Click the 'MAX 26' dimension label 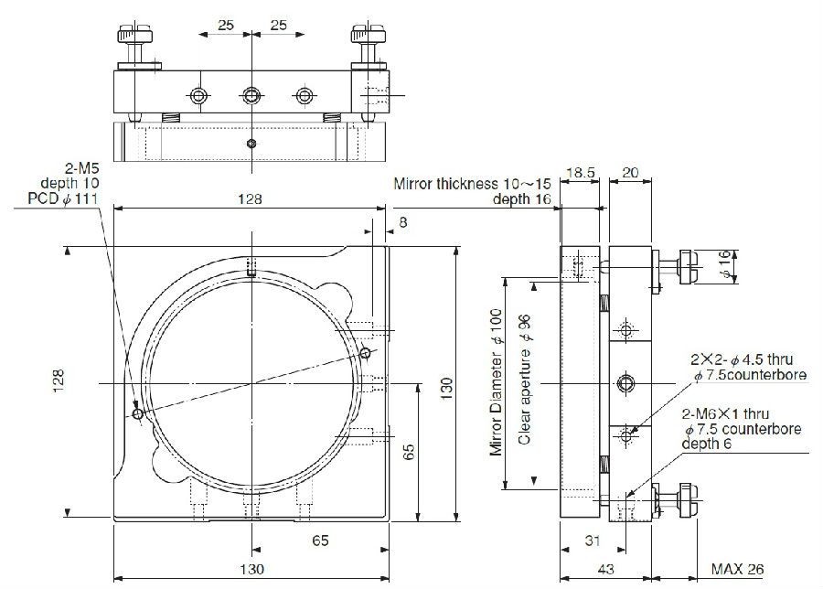tap(736, 569)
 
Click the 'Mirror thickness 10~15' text tap(471, 184)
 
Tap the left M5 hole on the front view tap(137, 414)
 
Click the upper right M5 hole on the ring tap(365, 353)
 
